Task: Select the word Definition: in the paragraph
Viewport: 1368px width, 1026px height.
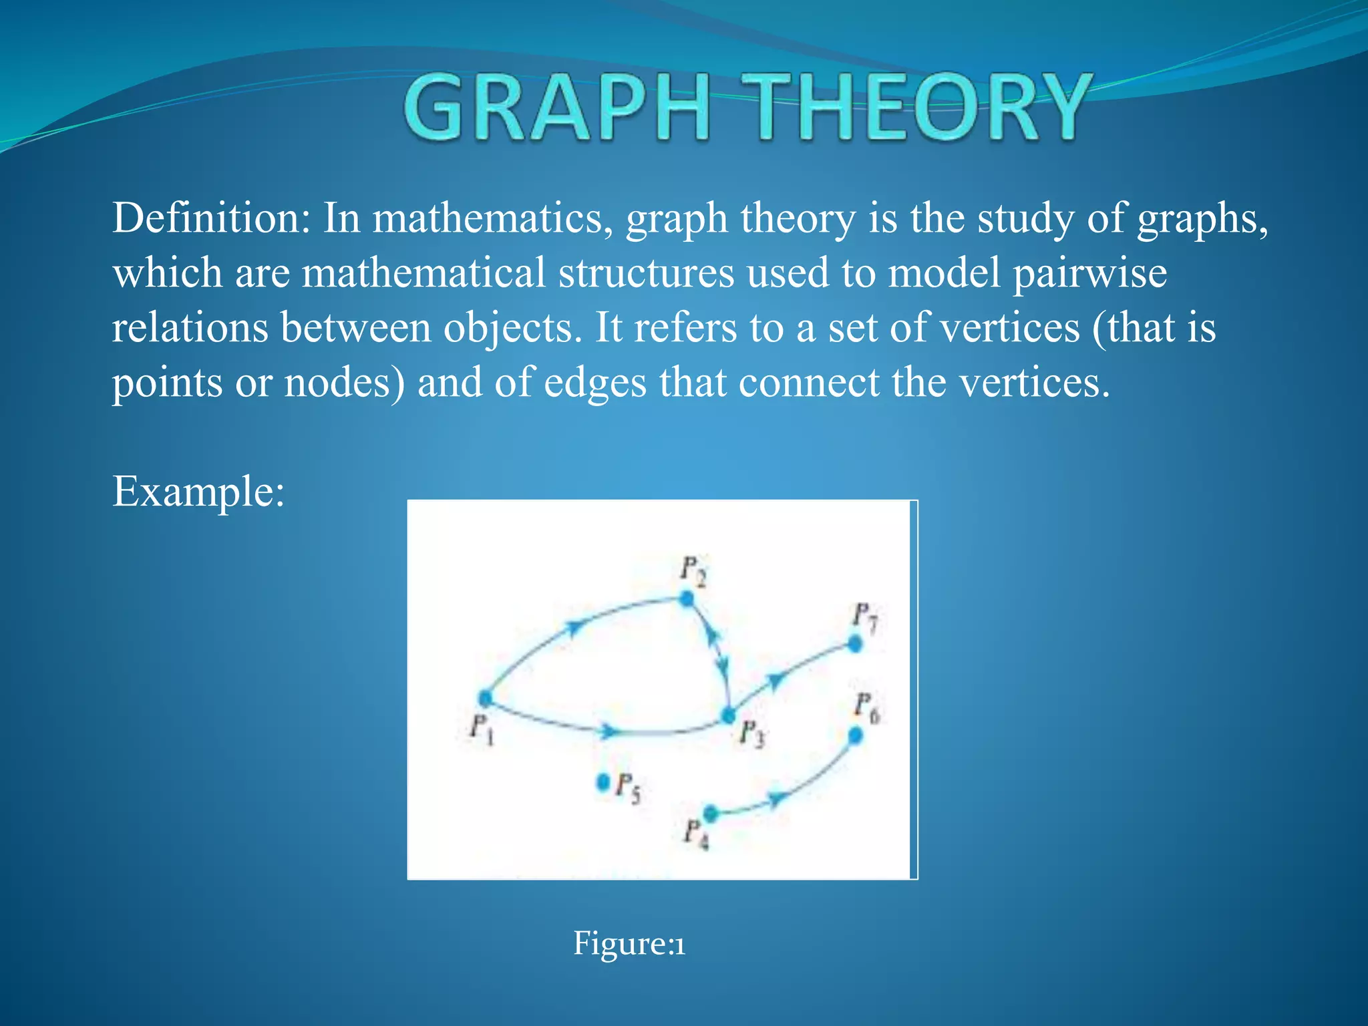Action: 211,218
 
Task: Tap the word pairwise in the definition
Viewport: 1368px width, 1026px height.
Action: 1089,274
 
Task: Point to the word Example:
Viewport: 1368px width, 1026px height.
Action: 198,492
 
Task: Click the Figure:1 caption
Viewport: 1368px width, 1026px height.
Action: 629,944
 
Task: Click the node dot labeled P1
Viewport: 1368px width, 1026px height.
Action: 485,699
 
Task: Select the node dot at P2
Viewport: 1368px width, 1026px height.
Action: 687,598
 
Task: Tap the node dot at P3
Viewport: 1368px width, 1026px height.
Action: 729,716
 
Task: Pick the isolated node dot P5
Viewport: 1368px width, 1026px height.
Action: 603,781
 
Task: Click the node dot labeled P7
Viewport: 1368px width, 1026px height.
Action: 855,644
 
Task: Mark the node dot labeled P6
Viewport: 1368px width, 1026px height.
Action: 855,735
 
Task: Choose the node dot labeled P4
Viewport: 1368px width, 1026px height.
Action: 711,813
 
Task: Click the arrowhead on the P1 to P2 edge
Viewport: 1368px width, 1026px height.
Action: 573,628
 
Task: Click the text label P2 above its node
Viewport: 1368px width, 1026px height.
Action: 693,570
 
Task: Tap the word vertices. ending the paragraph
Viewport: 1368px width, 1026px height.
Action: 1034,383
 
